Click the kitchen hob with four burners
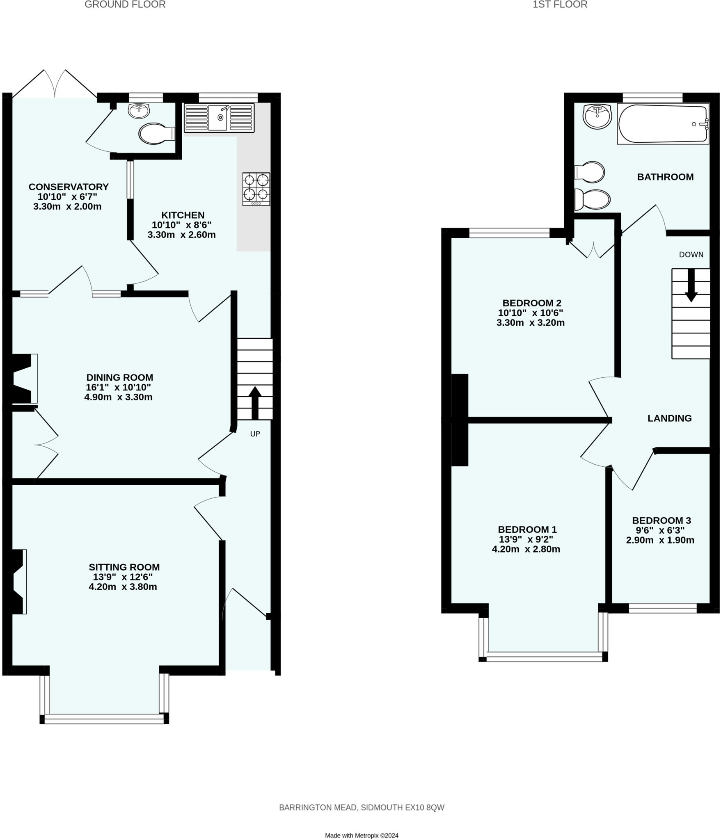click(256, 189)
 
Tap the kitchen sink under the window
click(219, 118)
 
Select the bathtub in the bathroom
click(662, 124)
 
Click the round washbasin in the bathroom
click(597, 116)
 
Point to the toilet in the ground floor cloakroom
click(156, 134)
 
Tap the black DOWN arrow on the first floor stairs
click(691, 285)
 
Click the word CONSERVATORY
click(69, 187)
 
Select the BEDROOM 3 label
click(661, 520)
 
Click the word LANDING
click(669, 418)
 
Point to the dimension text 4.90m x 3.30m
click(118, 397)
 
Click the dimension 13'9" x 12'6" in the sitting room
click(123, 577)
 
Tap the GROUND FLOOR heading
click(125, 5)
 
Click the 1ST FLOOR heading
click(560, 5)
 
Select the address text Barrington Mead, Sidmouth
click(361, 807)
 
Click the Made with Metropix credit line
click(361, 835)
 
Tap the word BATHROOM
click(665, 177)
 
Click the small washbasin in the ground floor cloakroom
click(139, 111)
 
